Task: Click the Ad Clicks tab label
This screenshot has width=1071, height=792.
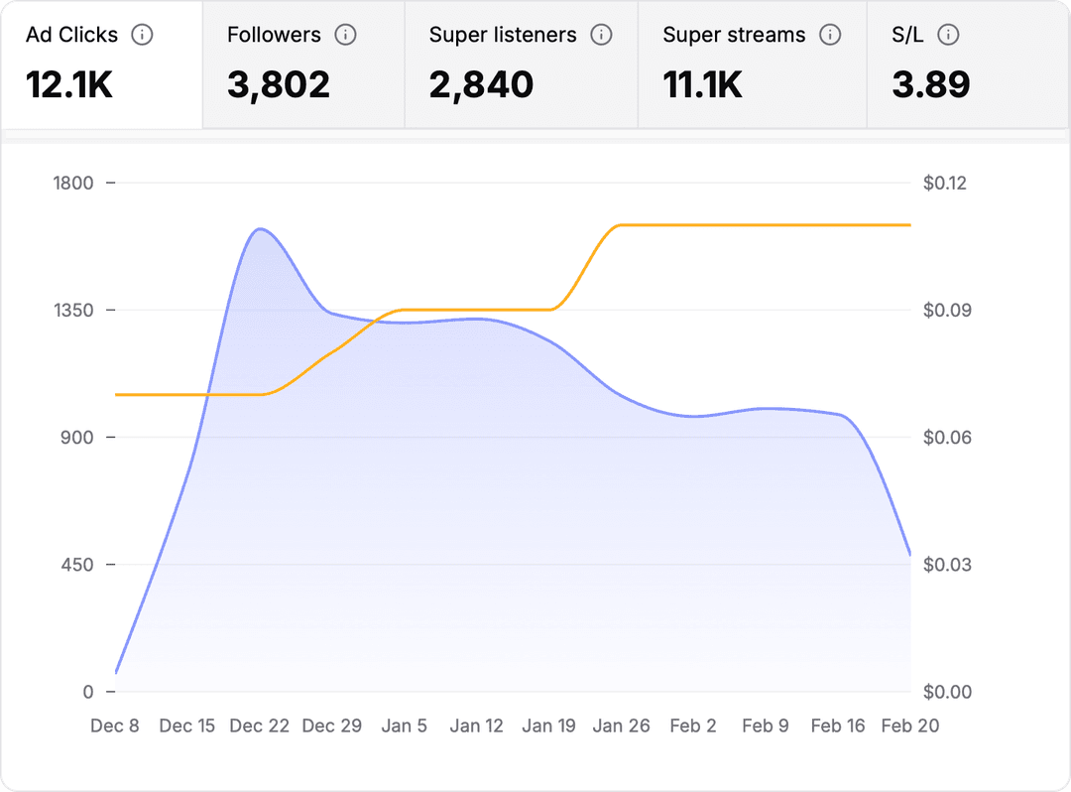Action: (71, 35)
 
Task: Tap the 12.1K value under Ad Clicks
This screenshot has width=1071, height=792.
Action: (69, 84)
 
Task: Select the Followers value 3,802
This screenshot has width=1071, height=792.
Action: (278, 84)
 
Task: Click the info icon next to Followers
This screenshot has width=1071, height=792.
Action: (345, 35)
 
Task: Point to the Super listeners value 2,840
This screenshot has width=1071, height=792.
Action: (481, 84)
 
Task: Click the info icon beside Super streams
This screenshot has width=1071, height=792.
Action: (830, 35)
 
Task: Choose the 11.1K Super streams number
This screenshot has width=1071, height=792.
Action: (702, 84)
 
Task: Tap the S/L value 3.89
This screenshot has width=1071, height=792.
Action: (930, 84)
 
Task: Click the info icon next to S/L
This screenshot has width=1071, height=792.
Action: (949, 35)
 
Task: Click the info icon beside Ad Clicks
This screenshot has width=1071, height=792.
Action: (143, 35)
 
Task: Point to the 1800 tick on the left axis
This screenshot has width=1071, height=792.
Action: (73, 183)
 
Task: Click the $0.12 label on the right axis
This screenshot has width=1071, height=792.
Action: (943, 183)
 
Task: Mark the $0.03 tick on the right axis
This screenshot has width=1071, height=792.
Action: (943, 565)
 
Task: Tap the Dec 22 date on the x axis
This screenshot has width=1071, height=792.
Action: (260, 726)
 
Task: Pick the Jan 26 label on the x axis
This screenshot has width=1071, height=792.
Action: (622, 726)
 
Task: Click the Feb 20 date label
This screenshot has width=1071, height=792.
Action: (909, 726)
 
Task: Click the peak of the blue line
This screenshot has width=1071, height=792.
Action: (260, 229)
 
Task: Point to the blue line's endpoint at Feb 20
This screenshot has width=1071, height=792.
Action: (909, 554)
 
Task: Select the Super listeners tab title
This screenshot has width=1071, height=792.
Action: (503, 35)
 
